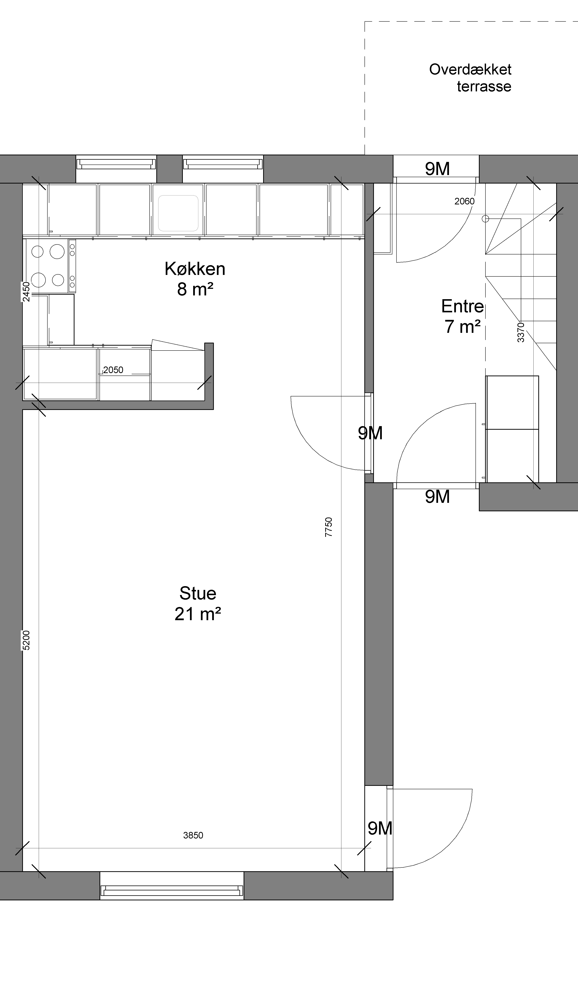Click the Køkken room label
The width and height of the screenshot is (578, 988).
[195, 269]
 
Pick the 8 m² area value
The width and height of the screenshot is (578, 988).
[195, 289]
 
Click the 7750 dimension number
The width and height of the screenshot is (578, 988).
[329, 527]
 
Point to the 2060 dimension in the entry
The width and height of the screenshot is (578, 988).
[465, 201]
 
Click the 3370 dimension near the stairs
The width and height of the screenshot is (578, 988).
[521, 332]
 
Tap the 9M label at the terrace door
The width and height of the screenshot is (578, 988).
[437, 169]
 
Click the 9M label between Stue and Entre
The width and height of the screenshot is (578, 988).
[370, 433]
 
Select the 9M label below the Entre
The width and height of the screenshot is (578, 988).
[437, 497]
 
